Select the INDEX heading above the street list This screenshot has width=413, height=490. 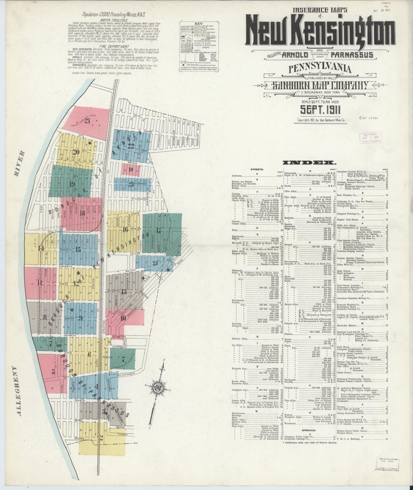[309, 163]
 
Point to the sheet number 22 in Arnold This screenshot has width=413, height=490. [131, 146]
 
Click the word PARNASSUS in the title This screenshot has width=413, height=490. [352, 55]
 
